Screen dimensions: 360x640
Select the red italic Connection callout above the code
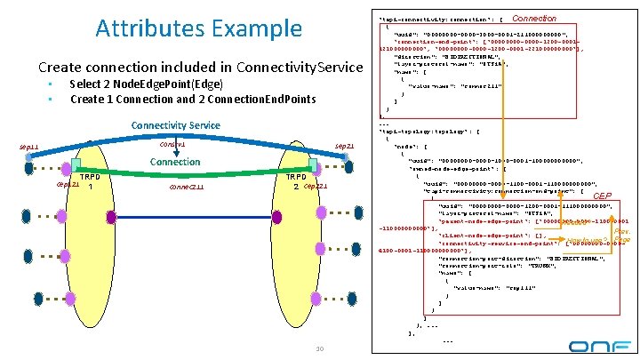tap(535, 18)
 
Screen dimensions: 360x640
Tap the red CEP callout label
tap(602, 196)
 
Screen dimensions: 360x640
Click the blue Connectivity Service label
tap(175, 125)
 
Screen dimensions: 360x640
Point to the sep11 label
tap(29, 146)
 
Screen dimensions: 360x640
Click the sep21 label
tap(344, 146)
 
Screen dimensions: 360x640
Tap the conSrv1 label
tap(172, 144)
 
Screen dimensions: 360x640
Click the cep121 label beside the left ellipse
tap(67, 185)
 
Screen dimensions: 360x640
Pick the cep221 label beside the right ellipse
tap(316, 187)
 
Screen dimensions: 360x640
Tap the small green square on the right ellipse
tap(314, 164)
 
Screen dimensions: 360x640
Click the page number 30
tap(319, 348)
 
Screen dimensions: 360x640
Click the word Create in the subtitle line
tap(58, 68)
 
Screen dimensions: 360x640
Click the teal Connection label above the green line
tap(175, 162)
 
